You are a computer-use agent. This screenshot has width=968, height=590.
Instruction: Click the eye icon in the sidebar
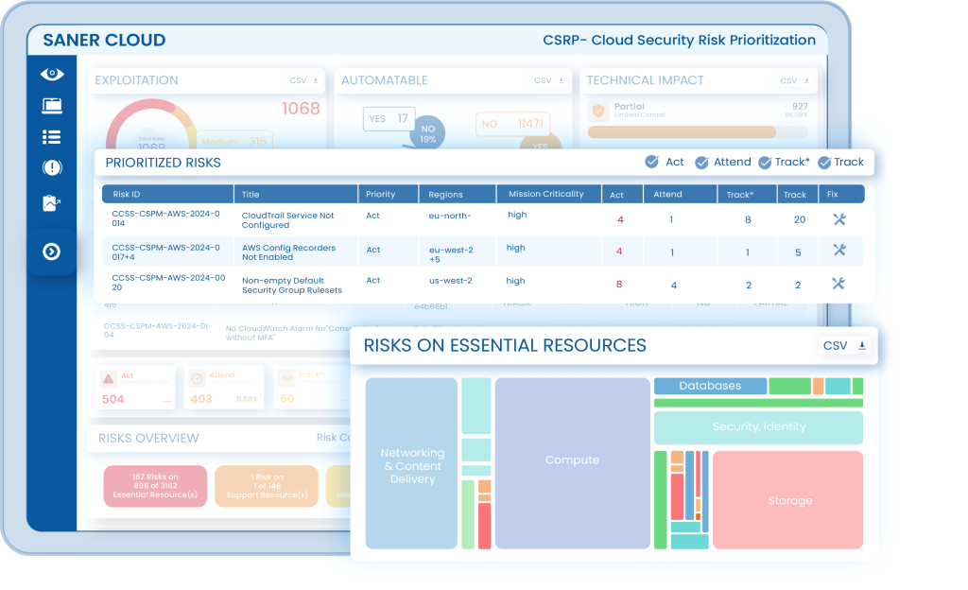coord(52,74)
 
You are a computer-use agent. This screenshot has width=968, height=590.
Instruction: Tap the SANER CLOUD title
coord(104,41)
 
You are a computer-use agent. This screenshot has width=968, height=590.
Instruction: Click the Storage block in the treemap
coord(789,500)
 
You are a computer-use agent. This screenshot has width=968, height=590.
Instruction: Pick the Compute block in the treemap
coord(572,460)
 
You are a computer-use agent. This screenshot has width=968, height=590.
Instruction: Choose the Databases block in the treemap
coord(710,386)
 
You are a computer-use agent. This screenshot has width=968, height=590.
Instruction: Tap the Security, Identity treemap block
coord(758,427)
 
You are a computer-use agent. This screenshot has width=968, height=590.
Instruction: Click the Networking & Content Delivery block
coord(412,465)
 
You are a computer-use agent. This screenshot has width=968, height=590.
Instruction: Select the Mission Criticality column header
coord(545,194)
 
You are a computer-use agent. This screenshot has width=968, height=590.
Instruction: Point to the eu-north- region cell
coord(450,216)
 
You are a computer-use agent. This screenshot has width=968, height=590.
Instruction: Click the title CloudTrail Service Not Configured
coord(287,220)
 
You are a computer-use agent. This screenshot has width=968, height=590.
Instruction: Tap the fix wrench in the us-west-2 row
coord(838,284)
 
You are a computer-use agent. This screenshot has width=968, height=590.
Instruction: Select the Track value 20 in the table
coord(799,220)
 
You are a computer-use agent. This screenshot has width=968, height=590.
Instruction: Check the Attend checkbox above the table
coord(701,163)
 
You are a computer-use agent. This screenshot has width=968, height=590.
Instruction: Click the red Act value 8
coord(619,285)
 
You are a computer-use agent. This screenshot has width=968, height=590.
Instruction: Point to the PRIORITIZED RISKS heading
coord(163,163)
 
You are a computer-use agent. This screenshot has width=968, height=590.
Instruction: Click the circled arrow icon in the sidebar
coord(52,252)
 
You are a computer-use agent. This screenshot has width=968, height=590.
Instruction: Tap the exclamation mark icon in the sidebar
coord(52,168)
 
